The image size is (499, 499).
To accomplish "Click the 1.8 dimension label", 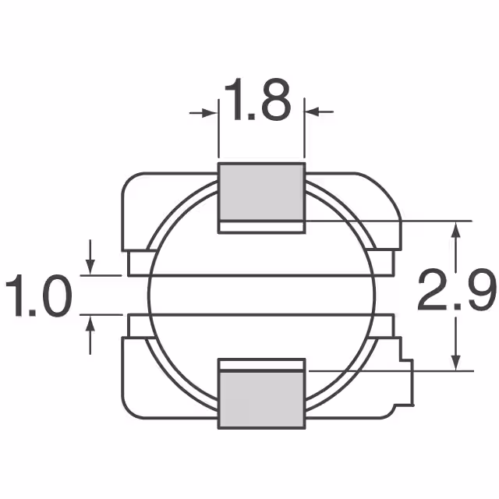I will coord(257,101).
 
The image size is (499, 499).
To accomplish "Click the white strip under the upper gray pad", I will coord(260,227).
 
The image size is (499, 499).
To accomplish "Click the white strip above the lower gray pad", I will coord(260,364).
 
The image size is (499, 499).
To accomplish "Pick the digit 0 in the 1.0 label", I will coord(55,296).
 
